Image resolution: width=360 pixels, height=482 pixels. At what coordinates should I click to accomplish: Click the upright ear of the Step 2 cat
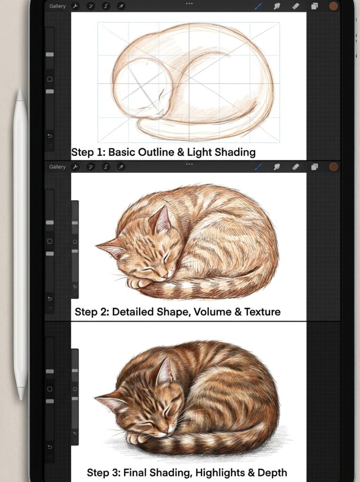[x=161, y=219]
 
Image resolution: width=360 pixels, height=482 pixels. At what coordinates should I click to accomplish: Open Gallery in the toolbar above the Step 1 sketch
[x=57, y=7]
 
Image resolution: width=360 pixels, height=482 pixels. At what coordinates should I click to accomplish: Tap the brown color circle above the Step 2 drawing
[x=334, y=167]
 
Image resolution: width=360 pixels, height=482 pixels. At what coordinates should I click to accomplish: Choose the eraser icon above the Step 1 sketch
[x=296, y=7]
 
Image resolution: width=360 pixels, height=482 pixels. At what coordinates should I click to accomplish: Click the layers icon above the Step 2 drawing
[x=314, y=167]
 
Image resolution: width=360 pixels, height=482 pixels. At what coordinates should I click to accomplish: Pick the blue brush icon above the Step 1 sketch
[x=258, y=7]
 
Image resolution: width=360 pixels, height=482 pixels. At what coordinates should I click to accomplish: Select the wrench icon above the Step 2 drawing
[x=75, y=167]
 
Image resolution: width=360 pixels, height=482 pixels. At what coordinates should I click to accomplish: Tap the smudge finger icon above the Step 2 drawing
[x=277, y=167]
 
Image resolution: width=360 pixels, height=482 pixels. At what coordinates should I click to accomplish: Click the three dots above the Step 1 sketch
[x=189, y=3]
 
